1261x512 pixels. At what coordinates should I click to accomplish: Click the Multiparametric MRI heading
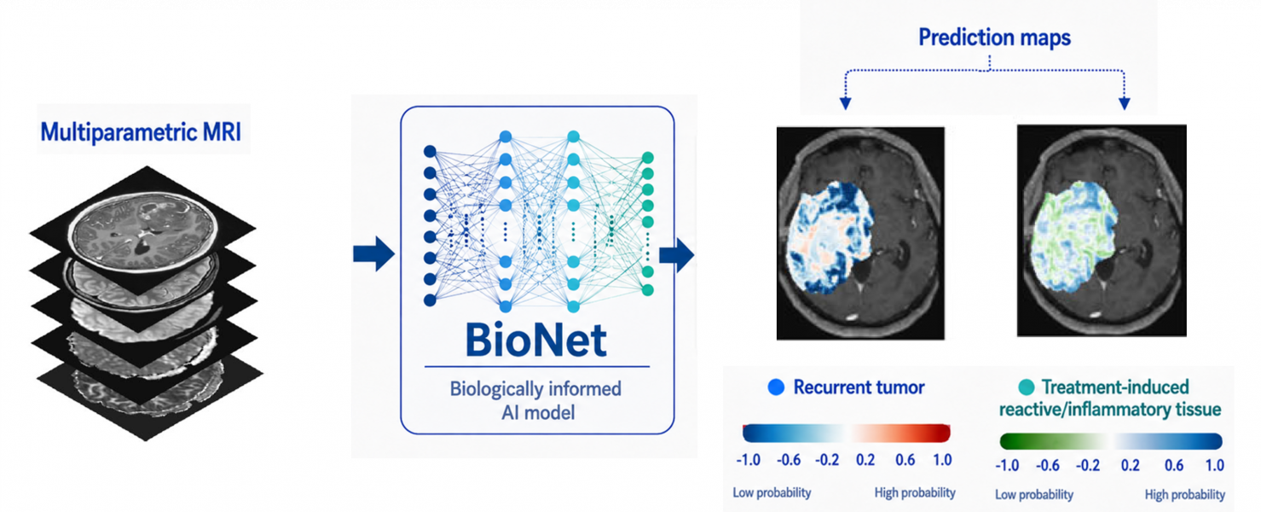141,132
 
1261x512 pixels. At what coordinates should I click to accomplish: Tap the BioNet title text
536,340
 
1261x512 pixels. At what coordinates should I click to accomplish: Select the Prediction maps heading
994,38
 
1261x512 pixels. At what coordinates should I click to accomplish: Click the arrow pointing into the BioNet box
373,254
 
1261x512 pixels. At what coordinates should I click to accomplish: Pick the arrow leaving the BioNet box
677,254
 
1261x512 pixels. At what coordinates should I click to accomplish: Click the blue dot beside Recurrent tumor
776,387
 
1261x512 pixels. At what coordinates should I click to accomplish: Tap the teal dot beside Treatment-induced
1027,387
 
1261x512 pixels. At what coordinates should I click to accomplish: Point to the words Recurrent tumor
859,387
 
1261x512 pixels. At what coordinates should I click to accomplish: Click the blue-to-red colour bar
846,433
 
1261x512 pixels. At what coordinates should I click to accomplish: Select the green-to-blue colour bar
1111,441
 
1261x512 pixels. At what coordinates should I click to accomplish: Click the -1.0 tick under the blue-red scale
748,460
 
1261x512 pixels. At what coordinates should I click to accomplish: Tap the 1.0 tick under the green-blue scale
1215,465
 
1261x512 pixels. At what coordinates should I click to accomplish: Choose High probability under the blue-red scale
915,493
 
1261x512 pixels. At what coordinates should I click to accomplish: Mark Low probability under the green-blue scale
1034,495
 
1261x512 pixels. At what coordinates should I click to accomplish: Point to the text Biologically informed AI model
536,400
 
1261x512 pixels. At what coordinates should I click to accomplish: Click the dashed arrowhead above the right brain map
1125,103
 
